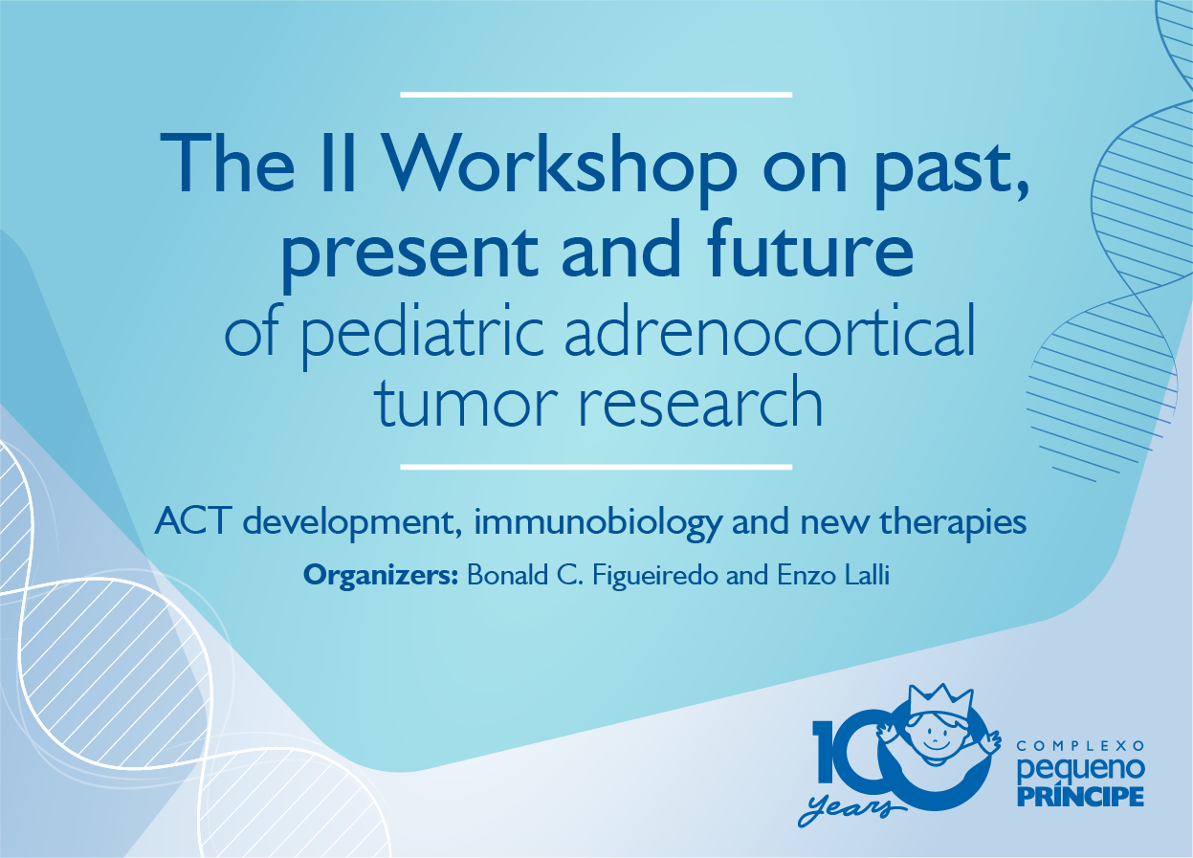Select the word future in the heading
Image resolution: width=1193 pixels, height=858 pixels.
[810, 249]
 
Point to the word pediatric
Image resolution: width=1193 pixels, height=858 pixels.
[423, 332]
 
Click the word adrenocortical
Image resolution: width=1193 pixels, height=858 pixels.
[770, 329]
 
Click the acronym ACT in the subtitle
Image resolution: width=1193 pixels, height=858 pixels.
[193, 521]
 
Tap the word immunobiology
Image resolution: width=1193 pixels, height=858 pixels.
[598, 522]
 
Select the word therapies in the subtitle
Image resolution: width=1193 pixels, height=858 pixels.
[953, 522]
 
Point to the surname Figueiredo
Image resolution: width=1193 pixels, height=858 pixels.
[655, 576]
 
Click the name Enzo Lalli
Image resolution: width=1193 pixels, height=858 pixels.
[833, 575]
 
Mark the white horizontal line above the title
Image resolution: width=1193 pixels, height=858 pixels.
[596, 95]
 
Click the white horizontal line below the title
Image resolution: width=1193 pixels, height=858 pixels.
[596, 467]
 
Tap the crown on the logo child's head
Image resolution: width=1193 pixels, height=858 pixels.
[942, 700]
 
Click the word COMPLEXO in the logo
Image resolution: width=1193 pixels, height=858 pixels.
[1081, 746]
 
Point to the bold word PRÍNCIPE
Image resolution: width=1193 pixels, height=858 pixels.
[1081, 795]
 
